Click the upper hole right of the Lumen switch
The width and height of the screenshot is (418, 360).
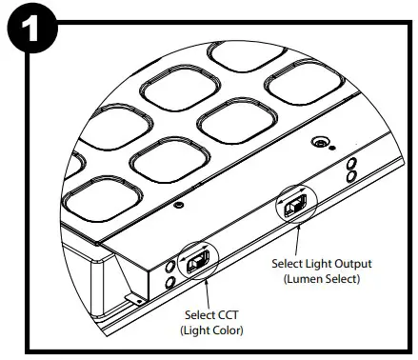tap(351, 163)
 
